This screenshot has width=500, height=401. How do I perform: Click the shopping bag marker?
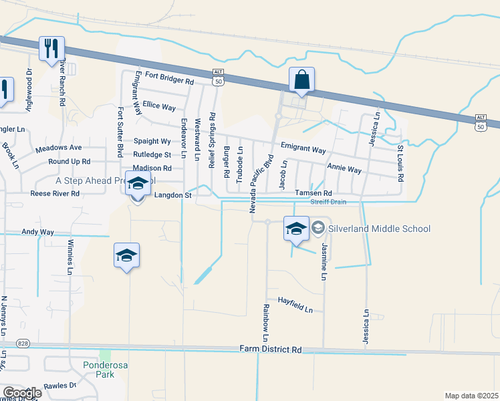click(302, 80)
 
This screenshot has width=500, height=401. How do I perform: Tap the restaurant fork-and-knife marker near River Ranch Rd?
click(51, 48)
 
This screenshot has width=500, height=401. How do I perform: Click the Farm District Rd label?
click(271, 350)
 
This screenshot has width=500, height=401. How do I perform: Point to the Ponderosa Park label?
click(99, 370)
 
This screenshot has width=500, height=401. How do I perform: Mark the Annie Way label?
click(344, 168)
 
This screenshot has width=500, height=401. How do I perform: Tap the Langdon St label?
click(173, 195)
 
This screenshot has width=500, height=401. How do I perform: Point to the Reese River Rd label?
click(55, 194)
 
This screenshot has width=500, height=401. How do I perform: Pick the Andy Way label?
click(38, 232)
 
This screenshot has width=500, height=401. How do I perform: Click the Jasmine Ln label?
click(324, 261)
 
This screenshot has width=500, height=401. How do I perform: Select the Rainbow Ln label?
click(266, 319)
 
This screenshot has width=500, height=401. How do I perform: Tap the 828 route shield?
click(24, 344)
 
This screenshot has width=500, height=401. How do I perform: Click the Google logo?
click(22, 393)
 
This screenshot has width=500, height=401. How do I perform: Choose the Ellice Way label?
click(159, 107)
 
